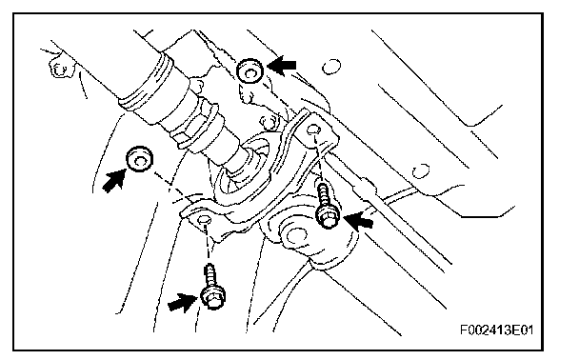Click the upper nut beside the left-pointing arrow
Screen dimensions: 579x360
(250, 70)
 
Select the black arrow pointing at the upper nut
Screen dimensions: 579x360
(281, 66)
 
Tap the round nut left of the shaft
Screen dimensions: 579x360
(140, 159)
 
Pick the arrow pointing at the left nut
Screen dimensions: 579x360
(113, 180)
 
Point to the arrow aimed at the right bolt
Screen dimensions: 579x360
(358, 221)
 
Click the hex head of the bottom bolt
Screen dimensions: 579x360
(212, 296)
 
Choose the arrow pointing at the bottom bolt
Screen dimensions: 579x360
(183, 302)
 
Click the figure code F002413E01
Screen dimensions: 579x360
(497, 330)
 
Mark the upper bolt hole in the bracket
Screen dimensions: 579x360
(314, 130)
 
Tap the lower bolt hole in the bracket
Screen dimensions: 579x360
(204, 220)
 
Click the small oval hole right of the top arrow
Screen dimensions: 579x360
(331, 67)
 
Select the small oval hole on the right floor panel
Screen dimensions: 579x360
(421, 171)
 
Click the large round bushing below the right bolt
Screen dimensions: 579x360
(296, 235)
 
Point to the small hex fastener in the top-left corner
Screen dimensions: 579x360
(58, 69)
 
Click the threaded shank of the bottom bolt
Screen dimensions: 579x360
(210, 275)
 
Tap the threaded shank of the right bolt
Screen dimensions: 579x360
(324, 195)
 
